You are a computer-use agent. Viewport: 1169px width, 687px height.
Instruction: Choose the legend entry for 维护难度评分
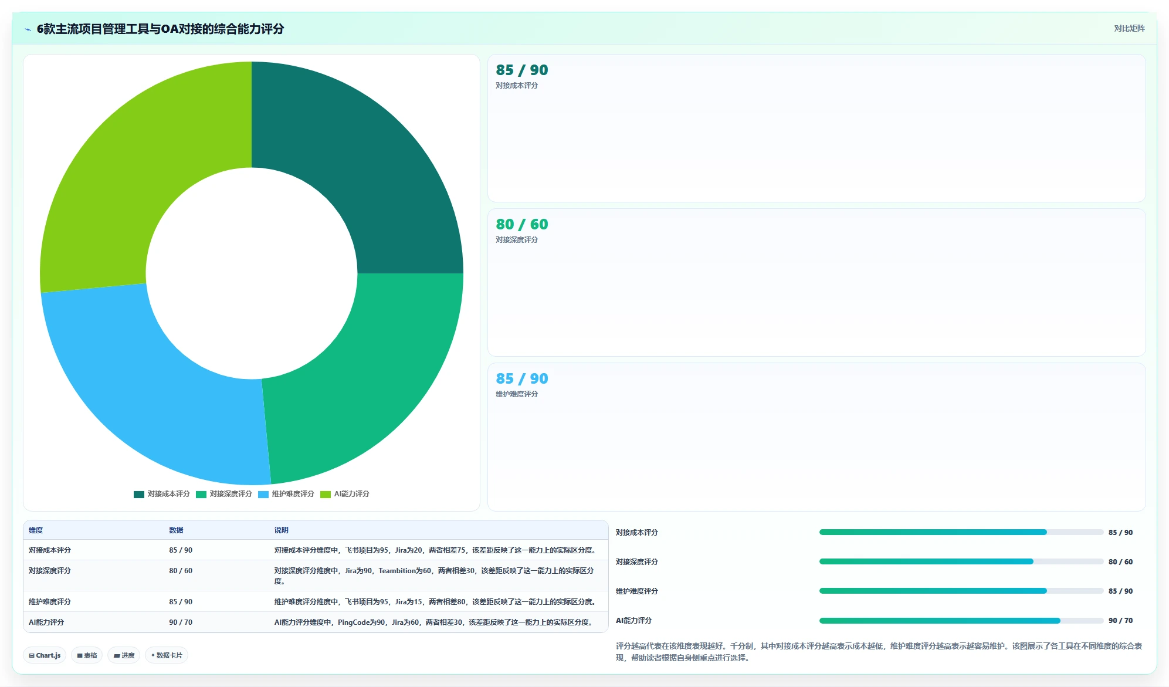point(286,494)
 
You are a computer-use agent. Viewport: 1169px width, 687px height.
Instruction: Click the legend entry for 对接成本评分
point(162,494)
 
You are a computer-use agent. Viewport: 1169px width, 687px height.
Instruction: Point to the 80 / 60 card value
point(522,224)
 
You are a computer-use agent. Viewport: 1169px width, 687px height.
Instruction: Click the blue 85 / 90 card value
point(522,378)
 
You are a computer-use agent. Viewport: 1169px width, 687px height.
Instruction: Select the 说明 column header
point(282,530)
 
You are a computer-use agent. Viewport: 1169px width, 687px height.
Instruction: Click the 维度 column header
point(36,530)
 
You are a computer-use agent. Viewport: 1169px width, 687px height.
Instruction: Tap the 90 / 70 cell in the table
point(181,622)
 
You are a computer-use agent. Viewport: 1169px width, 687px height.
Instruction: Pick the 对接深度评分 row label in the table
point(50,571)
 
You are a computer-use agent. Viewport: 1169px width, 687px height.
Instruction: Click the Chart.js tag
point(45,655)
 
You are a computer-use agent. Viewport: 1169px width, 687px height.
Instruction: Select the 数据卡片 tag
point(167,655)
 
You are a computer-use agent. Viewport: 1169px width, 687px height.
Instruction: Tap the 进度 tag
point(124,655)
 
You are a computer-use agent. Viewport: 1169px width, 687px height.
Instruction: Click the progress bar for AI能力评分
point(961,621)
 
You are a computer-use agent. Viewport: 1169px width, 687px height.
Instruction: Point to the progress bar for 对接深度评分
point(961,562)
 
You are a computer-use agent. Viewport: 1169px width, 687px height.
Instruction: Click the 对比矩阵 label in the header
point(1129,28)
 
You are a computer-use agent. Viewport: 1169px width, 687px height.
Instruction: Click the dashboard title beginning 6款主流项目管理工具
point(160,29)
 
